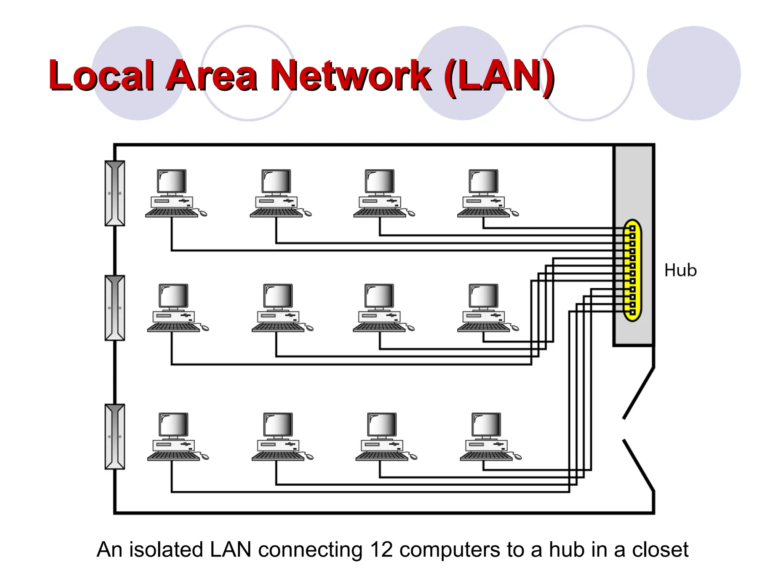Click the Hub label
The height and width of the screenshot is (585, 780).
(680, 270)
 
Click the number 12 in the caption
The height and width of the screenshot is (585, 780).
(381, 550)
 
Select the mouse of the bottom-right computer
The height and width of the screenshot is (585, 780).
(517, 457)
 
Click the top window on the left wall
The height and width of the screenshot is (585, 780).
(115, 193)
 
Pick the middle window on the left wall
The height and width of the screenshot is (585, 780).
(115, 308)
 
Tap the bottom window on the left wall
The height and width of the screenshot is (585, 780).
(115, 436)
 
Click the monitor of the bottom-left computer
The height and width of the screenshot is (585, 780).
(174, 424)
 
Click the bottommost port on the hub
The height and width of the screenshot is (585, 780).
(632, 312)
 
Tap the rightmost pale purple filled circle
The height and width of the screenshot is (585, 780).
(694, 73)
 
